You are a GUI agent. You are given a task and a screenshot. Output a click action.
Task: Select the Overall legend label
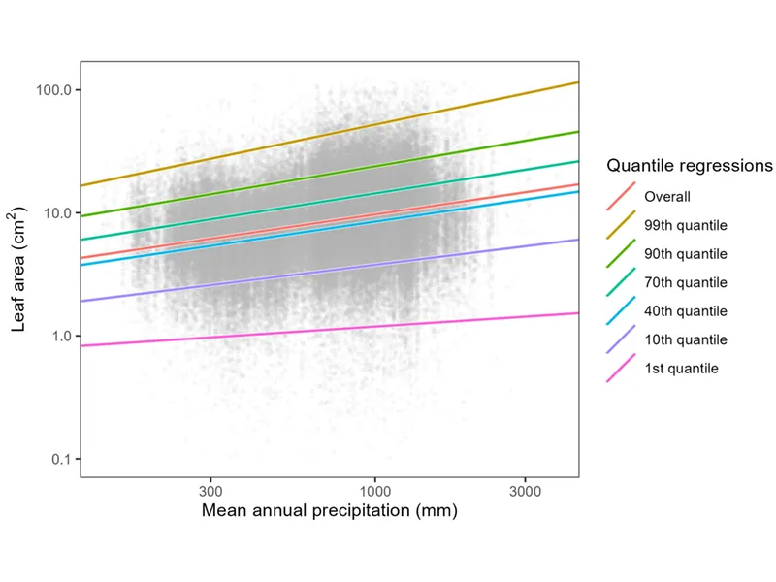pyautogui.click(x=667, y=197)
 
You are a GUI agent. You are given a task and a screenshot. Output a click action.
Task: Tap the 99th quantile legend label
pyautogui.click(x=686, y=226)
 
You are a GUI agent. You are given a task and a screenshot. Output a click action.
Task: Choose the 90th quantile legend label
pyautogui.click(x=686, y=254)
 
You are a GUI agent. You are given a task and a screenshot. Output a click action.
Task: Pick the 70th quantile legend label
pyautogui.click(x=686, y=282)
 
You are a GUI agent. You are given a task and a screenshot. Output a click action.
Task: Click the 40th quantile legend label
pyautogui.click(x=686, y=311)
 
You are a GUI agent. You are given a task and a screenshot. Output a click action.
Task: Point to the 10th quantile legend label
pyautogui.click(x=686, y=339)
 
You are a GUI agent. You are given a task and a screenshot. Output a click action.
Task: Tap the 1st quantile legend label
pyautogui.click(x=681, y=369)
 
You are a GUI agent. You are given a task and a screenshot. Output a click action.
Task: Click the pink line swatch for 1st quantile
pyautogui.click(x=621, y=369)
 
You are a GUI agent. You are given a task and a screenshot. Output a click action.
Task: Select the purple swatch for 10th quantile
pyautogui.click(x=621, y=339)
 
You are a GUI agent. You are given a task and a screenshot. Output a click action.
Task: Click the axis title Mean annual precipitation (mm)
pyautogui.click(x=329, y=510)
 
